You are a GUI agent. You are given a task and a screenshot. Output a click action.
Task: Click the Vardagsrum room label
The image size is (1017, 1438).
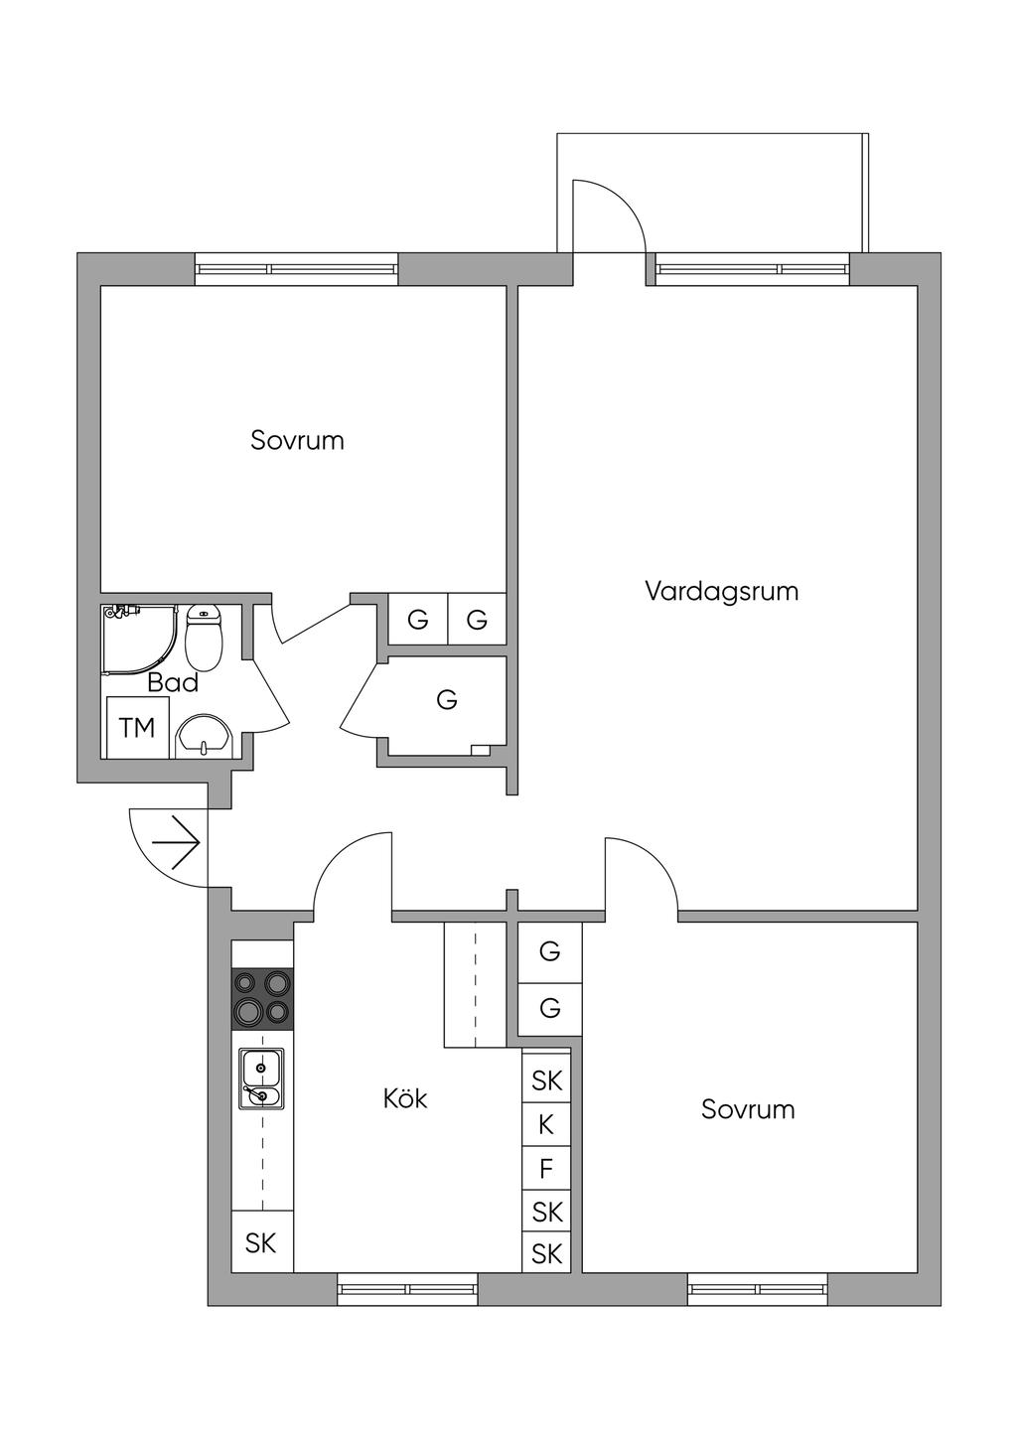coord(721,592)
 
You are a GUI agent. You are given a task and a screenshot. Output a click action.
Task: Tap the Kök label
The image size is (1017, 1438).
coord(405,1098)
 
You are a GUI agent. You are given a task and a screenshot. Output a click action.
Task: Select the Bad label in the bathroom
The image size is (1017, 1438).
coord(173,683)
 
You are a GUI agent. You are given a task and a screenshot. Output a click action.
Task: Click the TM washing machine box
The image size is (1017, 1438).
coord(138,728)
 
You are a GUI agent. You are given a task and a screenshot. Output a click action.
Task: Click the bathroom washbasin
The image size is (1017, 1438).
coord(204,738)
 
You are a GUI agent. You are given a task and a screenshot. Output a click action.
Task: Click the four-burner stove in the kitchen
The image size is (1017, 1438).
coord(263,998)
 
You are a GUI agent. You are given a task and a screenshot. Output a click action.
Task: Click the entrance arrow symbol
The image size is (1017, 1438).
coord(177,843)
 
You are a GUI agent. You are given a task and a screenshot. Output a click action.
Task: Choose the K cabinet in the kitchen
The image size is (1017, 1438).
coord(546,1125)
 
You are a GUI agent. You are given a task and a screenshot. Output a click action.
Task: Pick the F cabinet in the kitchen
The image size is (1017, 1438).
coord(546,1169)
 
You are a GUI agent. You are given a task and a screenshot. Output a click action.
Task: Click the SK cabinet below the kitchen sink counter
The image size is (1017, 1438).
coord(261,1242)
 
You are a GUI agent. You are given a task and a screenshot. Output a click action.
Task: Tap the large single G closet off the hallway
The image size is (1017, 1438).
coord(447,701)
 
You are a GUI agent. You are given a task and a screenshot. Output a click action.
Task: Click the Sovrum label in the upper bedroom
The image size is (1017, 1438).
coord(297,440)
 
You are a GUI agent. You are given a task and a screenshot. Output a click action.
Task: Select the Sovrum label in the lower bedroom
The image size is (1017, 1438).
coord(748,1109)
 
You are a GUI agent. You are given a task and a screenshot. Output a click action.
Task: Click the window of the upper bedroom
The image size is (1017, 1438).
coord(296,268)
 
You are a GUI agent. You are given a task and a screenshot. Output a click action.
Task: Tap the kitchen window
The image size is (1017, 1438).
coord(407,1289)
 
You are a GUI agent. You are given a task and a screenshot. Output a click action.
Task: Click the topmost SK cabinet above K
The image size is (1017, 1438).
coord(546,1080)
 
